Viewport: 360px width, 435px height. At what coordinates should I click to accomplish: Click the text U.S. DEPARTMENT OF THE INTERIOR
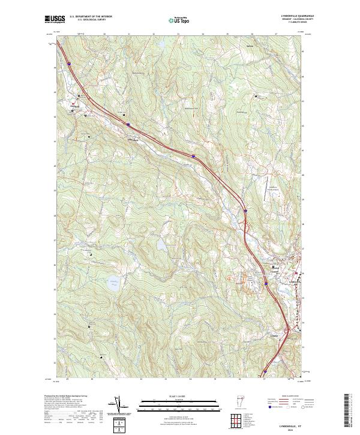click(x=91, y=16)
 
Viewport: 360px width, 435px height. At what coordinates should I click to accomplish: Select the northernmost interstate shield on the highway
click(x=68, y=61)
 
